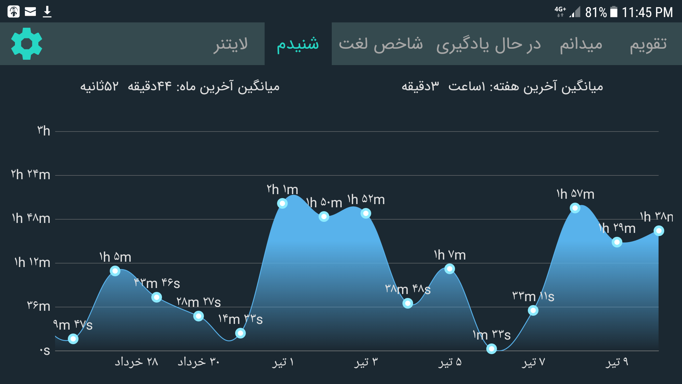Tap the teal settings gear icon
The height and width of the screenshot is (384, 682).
pos(27,44)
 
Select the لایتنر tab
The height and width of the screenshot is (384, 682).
pos(231,44)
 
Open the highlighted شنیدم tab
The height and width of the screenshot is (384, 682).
pos(298,44)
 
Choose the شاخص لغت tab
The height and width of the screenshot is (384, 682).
pos(380,44)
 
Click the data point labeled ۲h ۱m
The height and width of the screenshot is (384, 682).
pos(282,203)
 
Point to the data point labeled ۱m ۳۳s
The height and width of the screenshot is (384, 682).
pos(492,349)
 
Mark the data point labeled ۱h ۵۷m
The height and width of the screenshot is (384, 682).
pos(575,208)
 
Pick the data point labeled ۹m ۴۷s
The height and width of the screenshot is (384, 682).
pos(73,339)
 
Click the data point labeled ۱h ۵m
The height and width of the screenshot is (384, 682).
pos(115,271)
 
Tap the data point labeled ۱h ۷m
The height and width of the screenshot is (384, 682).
pos(450,269)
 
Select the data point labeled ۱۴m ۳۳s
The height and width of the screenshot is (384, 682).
pos(240,333)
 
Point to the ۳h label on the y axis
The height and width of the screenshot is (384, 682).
pos(44,131)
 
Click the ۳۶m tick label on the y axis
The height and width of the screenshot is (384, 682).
pos(39,306)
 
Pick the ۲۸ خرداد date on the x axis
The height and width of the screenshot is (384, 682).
pos(136,362)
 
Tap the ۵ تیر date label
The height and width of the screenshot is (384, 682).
pos(450,362)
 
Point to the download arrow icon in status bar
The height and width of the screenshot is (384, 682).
pos(47,12)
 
